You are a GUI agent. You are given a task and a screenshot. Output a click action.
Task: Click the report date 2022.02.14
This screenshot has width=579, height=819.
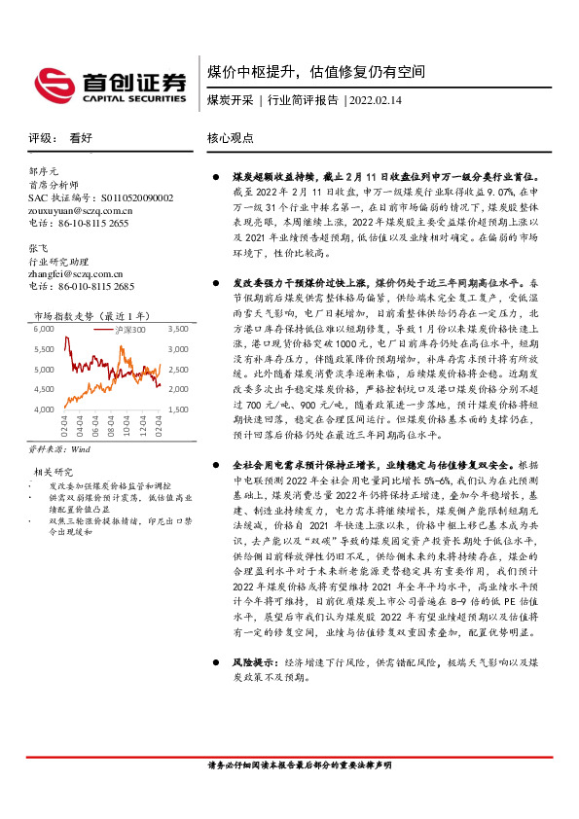point(377,99)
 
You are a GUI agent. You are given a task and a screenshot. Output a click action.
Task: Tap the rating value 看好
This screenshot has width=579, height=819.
point(81,138)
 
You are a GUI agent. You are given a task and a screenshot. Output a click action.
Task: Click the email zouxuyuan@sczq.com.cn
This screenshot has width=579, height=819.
point(81,209)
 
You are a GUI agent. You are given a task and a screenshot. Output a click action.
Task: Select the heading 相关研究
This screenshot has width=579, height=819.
point(48,473)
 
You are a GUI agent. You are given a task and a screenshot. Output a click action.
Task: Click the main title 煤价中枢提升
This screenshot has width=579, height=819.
point(256,72)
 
